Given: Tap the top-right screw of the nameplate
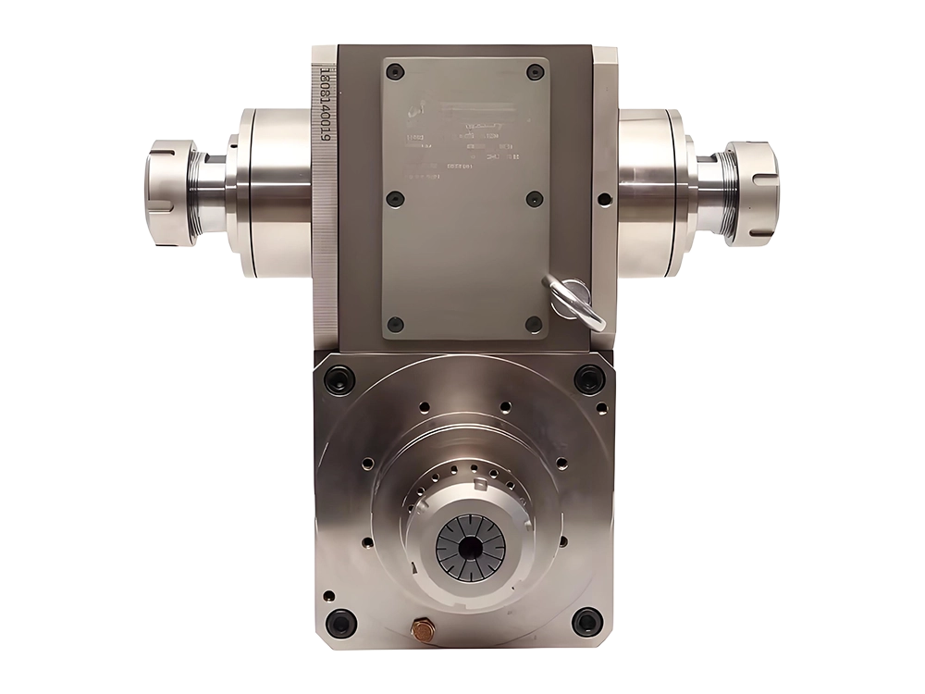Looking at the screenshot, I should pyautogui.click(x=534, y=72).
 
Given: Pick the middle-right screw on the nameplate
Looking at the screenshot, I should pyautogui.click(x=534, y=198).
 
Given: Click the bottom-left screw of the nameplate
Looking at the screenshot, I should pyautogui.click(x=395, y=324).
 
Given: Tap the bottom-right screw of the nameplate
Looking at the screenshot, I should pyautogui.click(x=534, y=324).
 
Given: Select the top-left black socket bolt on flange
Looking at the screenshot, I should pyautogui.click(x=339, y=378).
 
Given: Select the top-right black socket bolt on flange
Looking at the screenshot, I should pyautogui.click(x=589, y=378).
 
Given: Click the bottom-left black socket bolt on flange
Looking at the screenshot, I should pyautogui.click(x=339, y=622).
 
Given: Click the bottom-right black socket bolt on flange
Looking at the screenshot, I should pyautogui.click(x=587, y=622).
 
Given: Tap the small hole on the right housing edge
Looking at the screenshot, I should pyautogui.click(x=604, y=199).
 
